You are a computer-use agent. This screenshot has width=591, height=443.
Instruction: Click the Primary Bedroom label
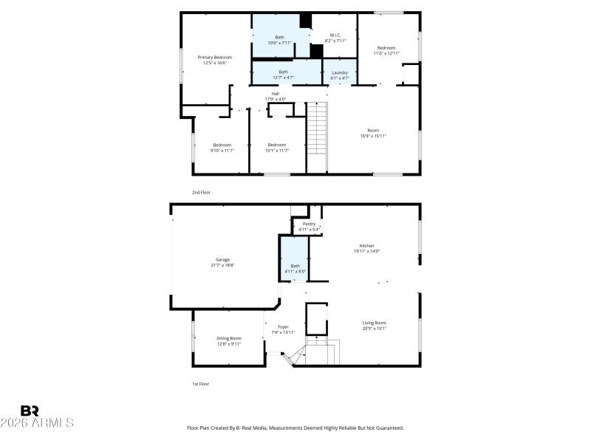point(214,60)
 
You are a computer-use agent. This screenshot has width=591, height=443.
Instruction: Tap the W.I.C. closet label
point(335,38)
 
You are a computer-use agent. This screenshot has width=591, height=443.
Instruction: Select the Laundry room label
point(340,75)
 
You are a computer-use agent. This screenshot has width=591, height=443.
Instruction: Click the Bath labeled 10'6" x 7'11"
point(279,40)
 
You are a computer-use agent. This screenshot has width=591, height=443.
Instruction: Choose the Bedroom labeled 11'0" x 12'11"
point(386,50)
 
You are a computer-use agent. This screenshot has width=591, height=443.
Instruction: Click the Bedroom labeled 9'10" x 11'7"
point(222,147)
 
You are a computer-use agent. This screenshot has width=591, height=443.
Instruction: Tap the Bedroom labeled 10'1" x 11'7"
point(277,147)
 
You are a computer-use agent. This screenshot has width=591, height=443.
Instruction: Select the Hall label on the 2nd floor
point(275,96)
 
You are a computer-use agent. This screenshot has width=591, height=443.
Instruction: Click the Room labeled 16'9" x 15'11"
point(373,133)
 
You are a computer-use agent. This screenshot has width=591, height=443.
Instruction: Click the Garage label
point(222,262)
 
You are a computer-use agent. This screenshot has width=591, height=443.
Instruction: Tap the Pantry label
point(309,226)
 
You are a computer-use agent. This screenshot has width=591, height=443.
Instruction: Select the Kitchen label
point(366,248)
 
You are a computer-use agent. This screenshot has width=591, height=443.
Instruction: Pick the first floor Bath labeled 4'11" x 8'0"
point(295,268)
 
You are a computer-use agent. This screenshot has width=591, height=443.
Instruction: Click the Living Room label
point(374,325)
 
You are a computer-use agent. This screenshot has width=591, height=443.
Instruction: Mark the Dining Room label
point(229,340)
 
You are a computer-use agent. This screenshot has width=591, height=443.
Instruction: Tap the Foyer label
point(283,329)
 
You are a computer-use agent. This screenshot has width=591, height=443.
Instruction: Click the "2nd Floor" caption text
point(201,192)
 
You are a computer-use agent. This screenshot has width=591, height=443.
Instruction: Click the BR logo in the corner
point(30,411)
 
